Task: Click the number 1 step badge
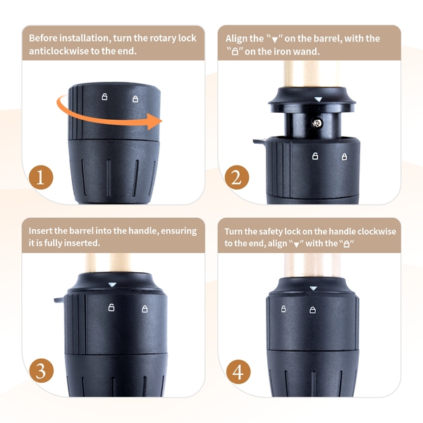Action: (41, 177)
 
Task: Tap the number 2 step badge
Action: (237, 177)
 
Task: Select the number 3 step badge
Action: (42, 370)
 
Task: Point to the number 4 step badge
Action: (238, 372)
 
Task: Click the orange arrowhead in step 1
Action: (154, 121)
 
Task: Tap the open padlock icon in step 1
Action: (104, 97)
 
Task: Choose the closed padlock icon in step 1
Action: (135, 99)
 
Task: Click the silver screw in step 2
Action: (317, 123)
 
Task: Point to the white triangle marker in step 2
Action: (319, 99)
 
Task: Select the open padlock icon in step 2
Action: (315, 156)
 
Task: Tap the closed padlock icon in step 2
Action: (345, 157)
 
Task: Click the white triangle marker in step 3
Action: (112, 285)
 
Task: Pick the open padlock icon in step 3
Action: (111, 307)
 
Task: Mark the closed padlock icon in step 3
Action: (145, 309)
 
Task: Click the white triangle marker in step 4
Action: (313, 288)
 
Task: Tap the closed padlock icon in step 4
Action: (312, 310)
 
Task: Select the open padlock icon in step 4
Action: (283, 309)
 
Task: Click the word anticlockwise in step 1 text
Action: (59, 51)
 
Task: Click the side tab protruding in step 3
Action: (59, 300)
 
